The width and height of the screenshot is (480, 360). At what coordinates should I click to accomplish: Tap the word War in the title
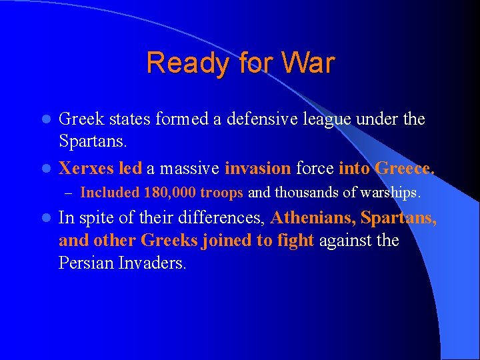click(x=308, y=63)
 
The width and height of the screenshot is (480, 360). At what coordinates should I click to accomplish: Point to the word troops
click(x=223, y=193)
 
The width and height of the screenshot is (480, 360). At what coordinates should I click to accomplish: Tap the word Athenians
click(x=313, y=217)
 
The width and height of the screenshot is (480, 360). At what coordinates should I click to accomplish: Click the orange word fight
click(x=295, y=240)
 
